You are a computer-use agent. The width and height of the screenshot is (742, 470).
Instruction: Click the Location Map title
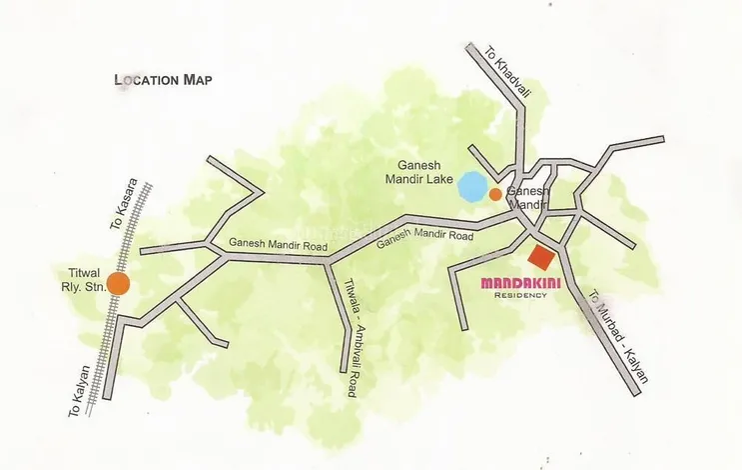point(164,80)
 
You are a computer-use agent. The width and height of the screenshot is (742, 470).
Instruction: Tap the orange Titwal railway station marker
point(118,283)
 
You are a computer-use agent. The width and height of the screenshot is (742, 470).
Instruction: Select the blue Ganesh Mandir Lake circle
point(470,185)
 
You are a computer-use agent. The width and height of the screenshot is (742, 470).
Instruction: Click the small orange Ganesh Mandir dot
point(495,193)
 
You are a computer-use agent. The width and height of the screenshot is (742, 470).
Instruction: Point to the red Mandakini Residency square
point(541,257)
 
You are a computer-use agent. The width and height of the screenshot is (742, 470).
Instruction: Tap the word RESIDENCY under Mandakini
point(520,295)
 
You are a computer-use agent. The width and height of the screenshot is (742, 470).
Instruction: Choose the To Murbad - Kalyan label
point(618,337)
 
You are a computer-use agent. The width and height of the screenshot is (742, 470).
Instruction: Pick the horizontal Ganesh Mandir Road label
point(265,243)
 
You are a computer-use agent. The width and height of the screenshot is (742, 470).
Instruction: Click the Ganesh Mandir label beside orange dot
point(525,196)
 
